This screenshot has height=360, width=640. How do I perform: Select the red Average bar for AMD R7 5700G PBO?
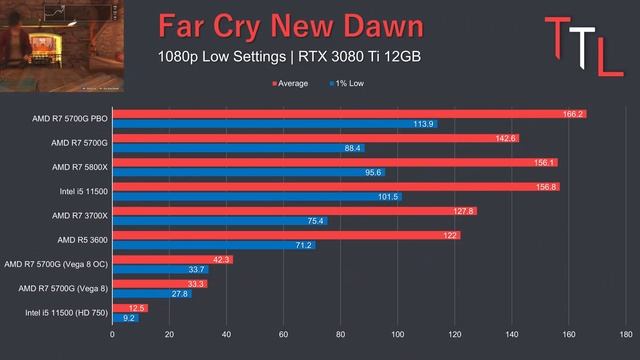pos(349,114)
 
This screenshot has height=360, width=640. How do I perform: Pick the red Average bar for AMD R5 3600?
pos(286,235)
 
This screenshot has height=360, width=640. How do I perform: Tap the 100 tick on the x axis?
pos(398,335)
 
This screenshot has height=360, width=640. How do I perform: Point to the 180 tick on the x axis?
pos(625,335)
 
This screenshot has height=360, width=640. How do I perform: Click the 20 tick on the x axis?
pos(170,335)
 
